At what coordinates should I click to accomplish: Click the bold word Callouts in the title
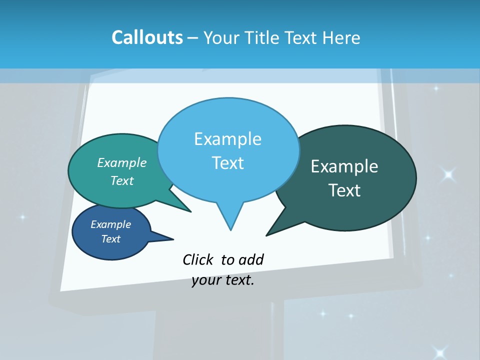click(147, 37)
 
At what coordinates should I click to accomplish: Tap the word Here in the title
click(342, 37)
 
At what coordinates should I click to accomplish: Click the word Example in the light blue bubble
click(227, 139)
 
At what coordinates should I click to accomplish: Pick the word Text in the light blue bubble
click(227, 163)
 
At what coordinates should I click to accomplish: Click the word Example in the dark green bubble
click(344, 166)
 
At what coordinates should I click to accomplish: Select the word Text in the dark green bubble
click(344, 190)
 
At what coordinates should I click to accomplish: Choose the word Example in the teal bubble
click(122, 162)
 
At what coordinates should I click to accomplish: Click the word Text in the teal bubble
click(122, 180)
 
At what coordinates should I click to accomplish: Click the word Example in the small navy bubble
click(110, 224)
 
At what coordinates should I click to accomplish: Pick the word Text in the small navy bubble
click(110, 239)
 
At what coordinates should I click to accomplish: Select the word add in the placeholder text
click(251, 259)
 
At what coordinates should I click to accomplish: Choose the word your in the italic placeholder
click(206, 280)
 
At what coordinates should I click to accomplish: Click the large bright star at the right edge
click(448, 174)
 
